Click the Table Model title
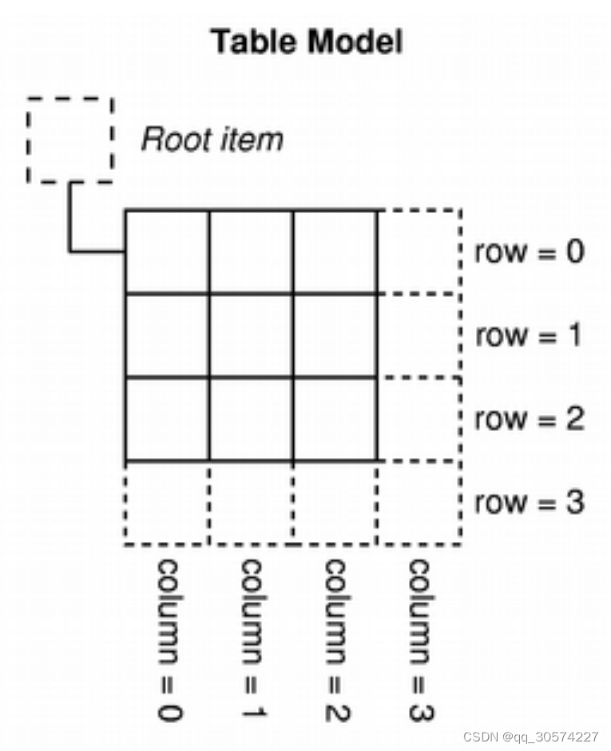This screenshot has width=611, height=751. click(x=306, y=42)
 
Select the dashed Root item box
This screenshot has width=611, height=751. click(x=70, y=140)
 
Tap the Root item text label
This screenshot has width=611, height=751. click(x=212, y=140)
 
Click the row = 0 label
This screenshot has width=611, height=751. click(x=530, y=253)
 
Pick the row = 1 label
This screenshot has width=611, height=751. click(x=530, y=336)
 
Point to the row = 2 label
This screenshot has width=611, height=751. click(x=530, y=419)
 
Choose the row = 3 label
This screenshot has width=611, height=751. click(x=530, y=503)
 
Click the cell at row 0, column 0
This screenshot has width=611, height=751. click(x=168, y=252)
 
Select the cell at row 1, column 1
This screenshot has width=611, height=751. click(x=252, y=336)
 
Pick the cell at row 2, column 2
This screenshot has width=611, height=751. click(x=335, y=419)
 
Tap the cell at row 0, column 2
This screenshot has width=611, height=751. click(x=335, y=252)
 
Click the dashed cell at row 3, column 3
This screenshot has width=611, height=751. click(x=419, y=503)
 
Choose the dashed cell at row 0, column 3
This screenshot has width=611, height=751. click(x=419, y=252)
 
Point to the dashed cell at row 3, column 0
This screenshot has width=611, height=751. click(x=168, y=503)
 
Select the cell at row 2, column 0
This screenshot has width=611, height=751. click(x=168, y=419)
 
